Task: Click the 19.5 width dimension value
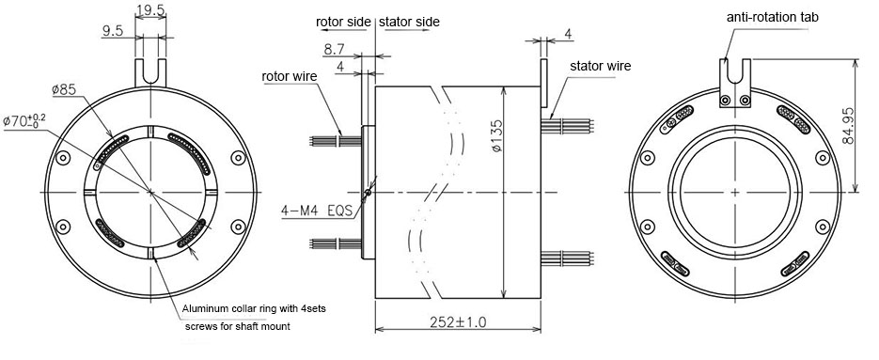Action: pyautogui.click(x=150, y=10)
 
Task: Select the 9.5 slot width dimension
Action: pyautogui.click(x=112, y=31)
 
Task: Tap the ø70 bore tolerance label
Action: pyautogui.click(x=24, y=120)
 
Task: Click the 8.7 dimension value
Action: pyautogui.click(x=334, y=49)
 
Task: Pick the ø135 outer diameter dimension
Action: pyautogui.click(x=498, y=135)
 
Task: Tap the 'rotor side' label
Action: pyautogui.click(x=343, y=22)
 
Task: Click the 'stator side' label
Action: pyautogui.click(x=409, y=22)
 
